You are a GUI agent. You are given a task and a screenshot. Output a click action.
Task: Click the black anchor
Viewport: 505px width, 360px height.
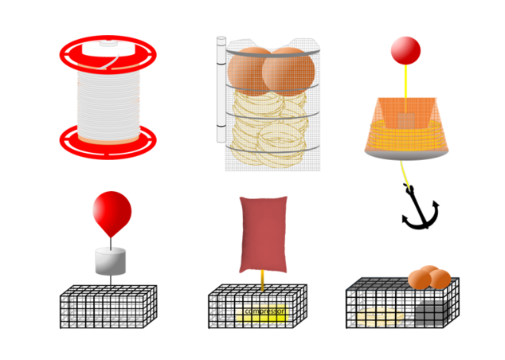click(419, 209)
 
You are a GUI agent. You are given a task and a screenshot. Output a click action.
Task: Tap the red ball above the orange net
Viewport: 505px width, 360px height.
click(405, 50)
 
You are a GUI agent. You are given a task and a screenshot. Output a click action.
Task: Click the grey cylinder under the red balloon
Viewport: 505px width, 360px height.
click(111, 261)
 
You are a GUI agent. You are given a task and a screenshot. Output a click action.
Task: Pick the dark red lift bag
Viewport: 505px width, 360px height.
click(263, 234)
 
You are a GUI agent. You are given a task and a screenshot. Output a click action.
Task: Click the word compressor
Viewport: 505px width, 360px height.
click(264, 311)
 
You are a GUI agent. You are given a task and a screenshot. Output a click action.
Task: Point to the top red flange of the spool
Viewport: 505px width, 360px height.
click(108, 54)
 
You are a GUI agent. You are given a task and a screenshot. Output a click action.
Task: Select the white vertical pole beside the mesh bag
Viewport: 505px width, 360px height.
click(221, 89)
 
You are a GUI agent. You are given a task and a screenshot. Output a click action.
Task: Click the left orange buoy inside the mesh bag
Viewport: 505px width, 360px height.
click(249, 72)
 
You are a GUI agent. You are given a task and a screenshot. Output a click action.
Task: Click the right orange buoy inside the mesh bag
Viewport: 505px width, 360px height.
click(288, 72)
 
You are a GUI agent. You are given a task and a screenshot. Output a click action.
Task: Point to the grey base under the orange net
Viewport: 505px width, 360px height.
click(406, 155)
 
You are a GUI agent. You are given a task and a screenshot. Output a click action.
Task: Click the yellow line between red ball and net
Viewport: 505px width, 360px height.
click(405, 80)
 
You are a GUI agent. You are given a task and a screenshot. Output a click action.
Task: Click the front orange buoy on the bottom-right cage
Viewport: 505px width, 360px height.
click(420, 280)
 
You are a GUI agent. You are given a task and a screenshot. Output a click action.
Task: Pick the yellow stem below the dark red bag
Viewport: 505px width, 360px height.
click(263, 280)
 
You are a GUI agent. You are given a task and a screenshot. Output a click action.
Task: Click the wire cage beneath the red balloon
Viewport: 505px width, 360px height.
click(108, 307)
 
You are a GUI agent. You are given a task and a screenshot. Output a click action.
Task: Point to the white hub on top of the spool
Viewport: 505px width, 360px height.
click(108, 48)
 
